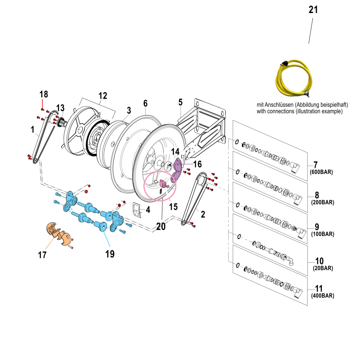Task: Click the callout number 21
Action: [313, 10]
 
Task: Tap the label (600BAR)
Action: [321, 172]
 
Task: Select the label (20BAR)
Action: [323, 268]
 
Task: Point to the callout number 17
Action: [42, 255]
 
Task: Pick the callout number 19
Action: [110, 254]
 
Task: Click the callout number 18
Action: [44, 94]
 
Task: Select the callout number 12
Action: [103, 96]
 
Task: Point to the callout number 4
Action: [148, 210]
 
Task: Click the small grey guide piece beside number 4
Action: [137, 210]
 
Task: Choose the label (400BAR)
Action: [323, 296]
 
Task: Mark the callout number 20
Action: [161, 226]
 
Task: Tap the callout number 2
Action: [203, 214]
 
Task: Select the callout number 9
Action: [317, 227]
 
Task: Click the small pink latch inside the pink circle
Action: [163, 183]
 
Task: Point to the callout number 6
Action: [145, 103]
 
